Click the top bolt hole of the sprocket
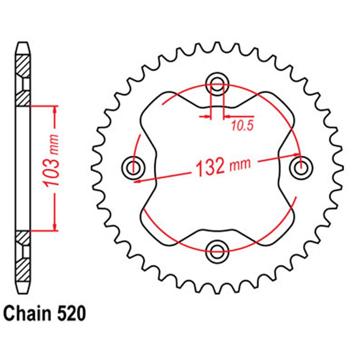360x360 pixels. (x=217, y=86)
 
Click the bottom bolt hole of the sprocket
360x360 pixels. (x=217, y=249)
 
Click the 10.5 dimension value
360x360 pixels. (x=242, y=126)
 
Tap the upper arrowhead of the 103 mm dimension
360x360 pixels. (x=55, y=109)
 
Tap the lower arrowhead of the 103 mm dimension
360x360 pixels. (x=55, y=226)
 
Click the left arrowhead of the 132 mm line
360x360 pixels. (x=137, y=181)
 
